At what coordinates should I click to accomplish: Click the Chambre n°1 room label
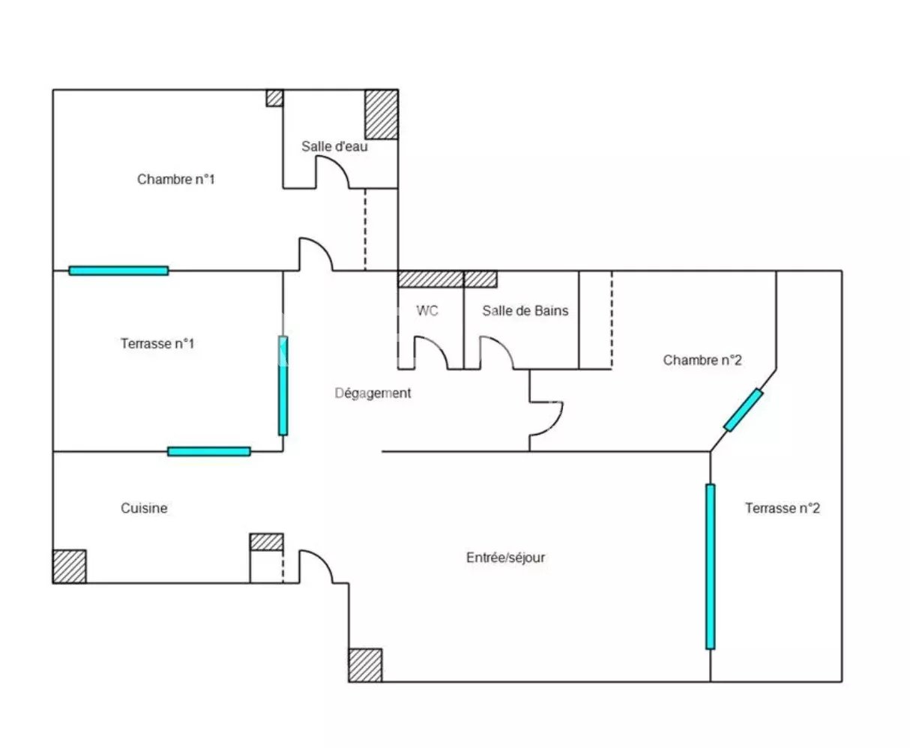point(175,179)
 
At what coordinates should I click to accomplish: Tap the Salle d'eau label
point(334,146)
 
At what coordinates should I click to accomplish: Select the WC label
point(427,310)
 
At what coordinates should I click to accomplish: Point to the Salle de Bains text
point(525,310)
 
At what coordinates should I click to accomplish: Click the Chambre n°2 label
point(702,360)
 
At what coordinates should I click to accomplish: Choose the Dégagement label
point(373,393)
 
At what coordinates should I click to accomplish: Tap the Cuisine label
point(144,507)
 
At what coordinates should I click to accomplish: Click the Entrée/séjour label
point(505,558)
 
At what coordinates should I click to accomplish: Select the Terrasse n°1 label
point(157,343)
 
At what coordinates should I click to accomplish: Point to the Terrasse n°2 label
point(783,507)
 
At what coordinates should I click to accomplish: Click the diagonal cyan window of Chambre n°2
point(743,410)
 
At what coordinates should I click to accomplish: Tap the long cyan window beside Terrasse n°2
point(710,567)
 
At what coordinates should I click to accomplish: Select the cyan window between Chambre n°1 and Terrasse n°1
point(118,271)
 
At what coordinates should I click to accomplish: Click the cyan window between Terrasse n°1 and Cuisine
point(209,452)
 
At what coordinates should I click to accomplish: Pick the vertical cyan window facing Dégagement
point(283,386)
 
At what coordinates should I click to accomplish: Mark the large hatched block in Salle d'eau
point(382,115)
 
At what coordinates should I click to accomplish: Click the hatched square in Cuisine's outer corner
point(70,567)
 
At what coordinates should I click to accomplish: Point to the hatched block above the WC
point(430,279)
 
